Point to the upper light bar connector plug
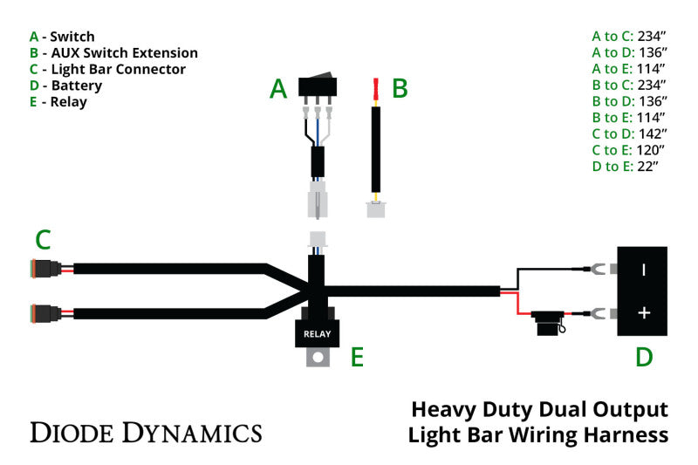[x=44, y=268]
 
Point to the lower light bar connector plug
[x=44, y=312]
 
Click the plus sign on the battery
[x=644, y=313]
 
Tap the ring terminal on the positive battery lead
[x=598, y=313]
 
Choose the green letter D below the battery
[x=644, y=357]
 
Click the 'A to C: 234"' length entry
[x=628, y=37]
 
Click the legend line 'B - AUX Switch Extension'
[x=113, y=53]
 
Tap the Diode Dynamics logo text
[x=146, y=432]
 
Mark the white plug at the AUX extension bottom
[x=376, y=209]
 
